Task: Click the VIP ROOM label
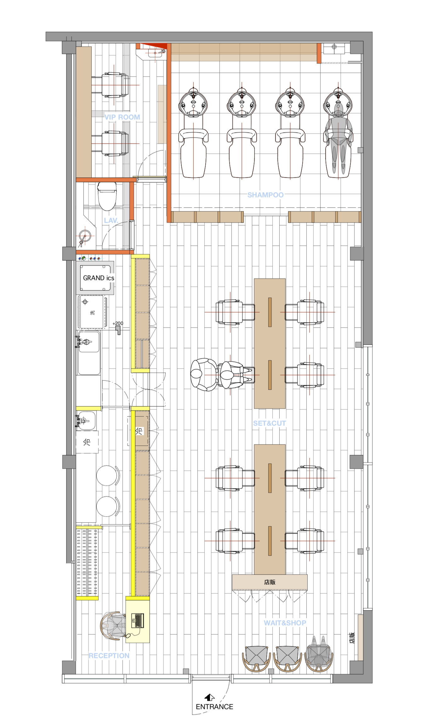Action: pos(122,117)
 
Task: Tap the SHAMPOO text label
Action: pos(265,195)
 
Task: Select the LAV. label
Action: pos(111,220)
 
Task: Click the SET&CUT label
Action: pos(270,423)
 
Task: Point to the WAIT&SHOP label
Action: pos(285,623)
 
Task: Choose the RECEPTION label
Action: pos(109,656)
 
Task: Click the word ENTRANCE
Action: pos(214,707)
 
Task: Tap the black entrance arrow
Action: pos(209,697)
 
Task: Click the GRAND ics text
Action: pos(99,278)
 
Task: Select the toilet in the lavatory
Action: pos(107,196)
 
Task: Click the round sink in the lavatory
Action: pos(85,236)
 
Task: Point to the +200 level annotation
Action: pos(118,323)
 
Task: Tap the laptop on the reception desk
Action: pos(138,620)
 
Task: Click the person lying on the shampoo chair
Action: pos(338,139)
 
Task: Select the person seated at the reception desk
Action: pos(114,626)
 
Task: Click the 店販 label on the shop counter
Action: pos(270,582)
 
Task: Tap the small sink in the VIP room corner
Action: pos(155,53)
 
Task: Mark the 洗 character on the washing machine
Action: pos(92,313)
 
